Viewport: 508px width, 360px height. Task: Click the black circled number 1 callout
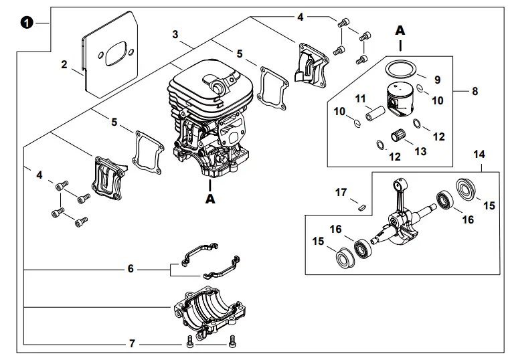click(26, 22)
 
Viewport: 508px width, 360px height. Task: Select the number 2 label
click(64, 65)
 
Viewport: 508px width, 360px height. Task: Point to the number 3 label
click(175, 34)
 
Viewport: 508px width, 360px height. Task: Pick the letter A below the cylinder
click(210, 198)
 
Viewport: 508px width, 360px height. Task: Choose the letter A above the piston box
click(400, 30)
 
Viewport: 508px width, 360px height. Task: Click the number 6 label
click(131, 269)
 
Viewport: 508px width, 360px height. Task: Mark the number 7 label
click(132, 343)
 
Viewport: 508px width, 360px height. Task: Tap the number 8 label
click(475, 91)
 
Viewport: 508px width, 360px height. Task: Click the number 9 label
click(437, 80)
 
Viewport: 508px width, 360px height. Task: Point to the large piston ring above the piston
click(400, 68)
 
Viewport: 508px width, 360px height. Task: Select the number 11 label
click(360, 98)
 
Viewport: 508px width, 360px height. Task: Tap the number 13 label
click(420, 152)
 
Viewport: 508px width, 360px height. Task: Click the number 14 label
click(479, 154)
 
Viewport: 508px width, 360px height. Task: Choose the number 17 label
click(341, 192)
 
